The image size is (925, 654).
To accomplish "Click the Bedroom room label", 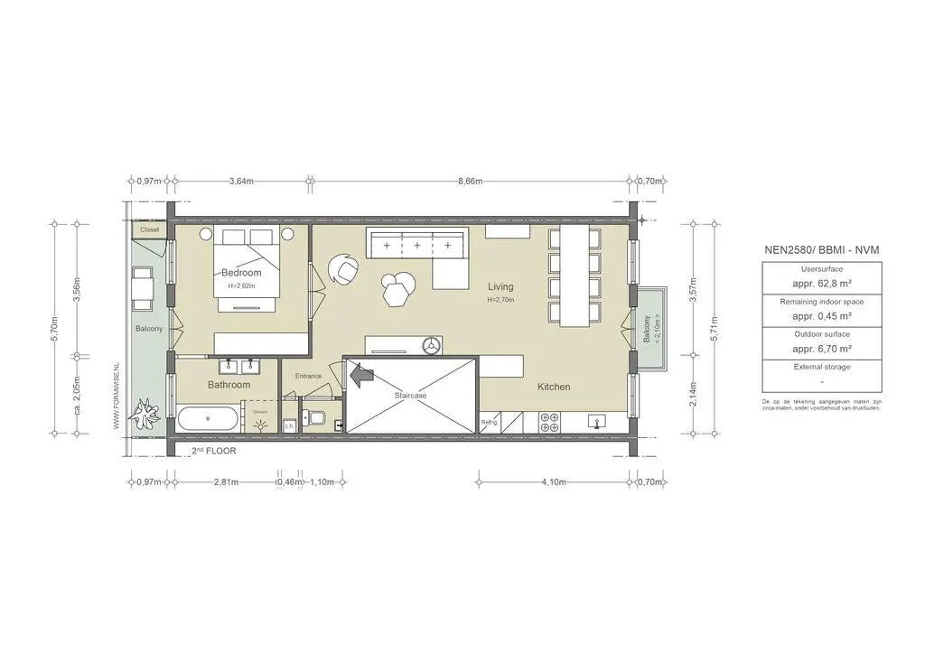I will point(241,273).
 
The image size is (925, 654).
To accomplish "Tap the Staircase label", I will point(410,396).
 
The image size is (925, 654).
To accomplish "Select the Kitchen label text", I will point(554,387).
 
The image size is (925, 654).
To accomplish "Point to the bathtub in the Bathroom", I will point(209,419).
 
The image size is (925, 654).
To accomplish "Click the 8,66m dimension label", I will point(470,181).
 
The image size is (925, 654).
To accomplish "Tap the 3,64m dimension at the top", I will point(241,181).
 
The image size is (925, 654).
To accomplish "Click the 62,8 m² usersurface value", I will point(822,283).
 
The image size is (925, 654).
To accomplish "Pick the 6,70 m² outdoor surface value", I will point(822,348).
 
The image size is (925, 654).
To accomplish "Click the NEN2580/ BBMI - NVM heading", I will point(822,249).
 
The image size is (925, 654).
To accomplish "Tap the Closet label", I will point(149,229).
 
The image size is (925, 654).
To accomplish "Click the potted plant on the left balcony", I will point(144,416).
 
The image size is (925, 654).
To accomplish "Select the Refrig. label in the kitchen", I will point(490,422).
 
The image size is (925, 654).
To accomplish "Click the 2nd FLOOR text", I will point(216,450).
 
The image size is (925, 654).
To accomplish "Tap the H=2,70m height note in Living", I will point(500,300).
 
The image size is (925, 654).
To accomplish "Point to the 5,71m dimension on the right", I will point(714,327).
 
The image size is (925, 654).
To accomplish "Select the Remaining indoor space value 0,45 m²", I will point(822,315).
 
